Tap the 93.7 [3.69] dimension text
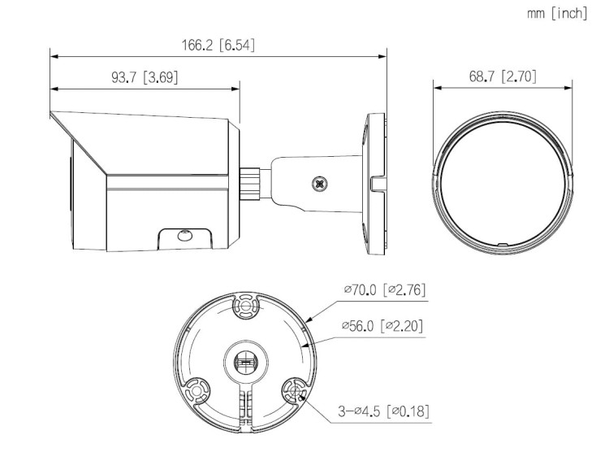[144, 77]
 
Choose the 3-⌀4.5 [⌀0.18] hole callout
[384, 412]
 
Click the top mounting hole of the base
[244, 306]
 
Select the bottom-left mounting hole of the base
[194, 393]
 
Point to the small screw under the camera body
[184, 237]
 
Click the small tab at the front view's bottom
[501, 243]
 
